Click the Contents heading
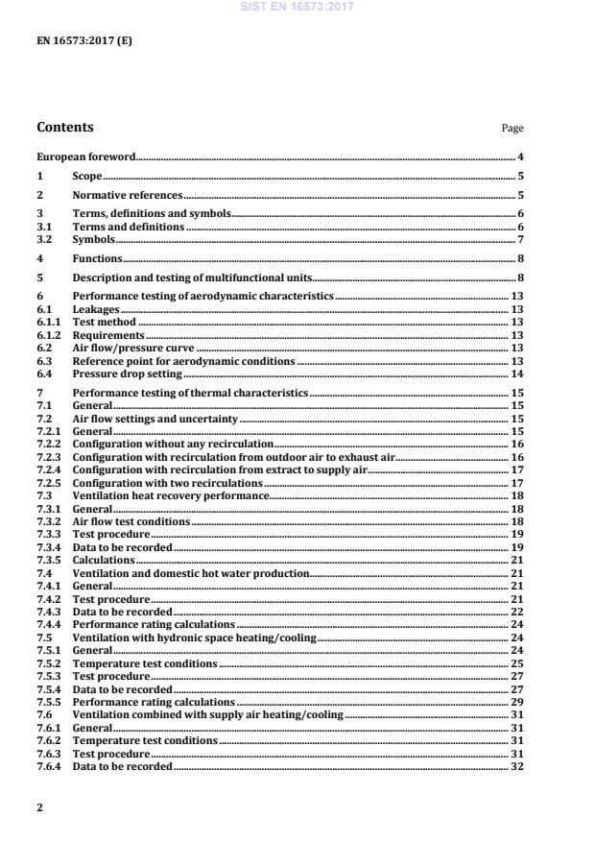coord(65,128)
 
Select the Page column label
coord(512,129)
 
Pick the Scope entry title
coord(87,177)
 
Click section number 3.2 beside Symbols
coord(44,239)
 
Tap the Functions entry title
coord(97,258)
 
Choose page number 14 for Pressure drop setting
coord(516,373)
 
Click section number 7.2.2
coord(49,445)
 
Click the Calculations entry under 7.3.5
coord(104,559)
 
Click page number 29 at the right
coord(516,702)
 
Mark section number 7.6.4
coord(49,765)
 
